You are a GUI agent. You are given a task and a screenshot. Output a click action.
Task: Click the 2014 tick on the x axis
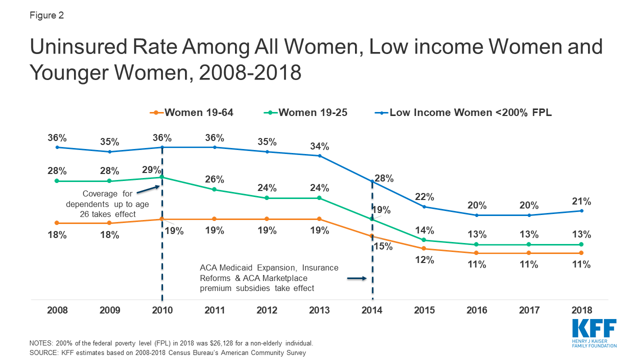point(371,310)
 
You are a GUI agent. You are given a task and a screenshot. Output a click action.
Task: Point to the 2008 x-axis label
point(57,310)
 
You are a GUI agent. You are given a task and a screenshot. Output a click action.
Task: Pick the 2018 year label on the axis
point(581,310)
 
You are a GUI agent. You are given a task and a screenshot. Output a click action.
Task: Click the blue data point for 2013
point(319,156)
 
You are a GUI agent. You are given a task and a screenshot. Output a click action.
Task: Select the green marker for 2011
point(214,189)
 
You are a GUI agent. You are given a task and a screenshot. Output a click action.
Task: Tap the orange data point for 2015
point(424,248)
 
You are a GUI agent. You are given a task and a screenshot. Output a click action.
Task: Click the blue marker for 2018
point(581,210)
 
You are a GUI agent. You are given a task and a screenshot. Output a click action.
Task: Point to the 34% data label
point(319,146)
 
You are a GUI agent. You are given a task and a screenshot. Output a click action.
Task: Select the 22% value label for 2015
point(424,197)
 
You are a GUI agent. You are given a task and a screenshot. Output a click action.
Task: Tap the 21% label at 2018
point(581,201)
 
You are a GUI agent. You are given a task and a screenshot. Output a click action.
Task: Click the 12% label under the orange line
point(424,260)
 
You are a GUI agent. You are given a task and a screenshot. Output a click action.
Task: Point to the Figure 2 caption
point(46,15)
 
